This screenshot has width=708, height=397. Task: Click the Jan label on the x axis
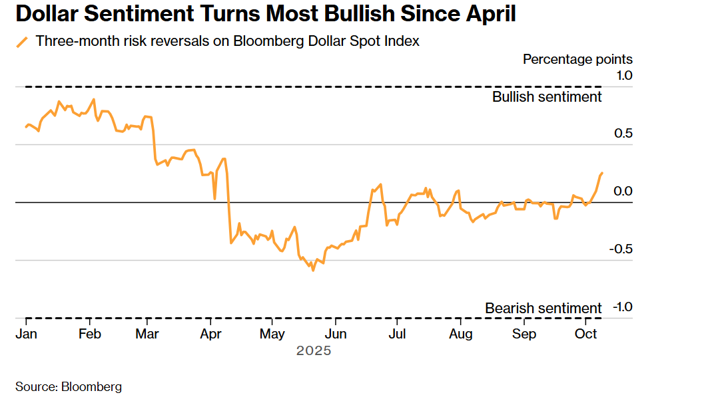coord(26,333)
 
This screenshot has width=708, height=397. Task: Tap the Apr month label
coord(211,333)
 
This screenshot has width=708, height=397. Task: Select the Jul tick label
coord(398,333)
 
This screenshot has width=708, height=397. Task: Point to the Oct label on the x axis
coord(585,333)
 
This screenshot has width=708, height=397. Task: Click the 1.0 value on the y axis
coord(623,75)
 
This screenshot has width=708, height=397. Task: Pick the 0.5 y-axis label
coord(623,133)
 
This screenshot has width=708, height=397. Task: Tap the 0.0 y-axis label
coord(623,192)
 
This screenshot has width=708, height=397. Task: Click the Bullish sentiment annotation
coord(547,97)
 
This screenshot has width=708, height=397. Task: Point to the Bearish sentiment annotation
coord(543,309)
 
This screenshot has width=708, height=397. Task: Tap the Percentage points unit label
coord(577,59)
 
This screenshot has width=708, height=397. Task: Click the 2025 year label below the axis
coord(313,350)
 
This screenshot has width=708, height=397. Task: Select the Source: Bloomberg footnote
coord(69,386)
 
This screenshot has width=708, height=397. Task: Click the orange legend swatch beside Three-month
coord(23,42)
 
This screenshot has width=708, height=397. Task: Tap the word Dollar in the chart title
coord(42,14)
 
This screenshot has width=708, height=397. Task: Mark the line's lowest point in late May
coord(312,270)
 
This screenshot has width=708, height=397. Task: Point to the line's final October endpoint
coord(602,173)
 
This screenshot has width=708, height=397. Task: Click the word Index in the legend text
coord(403,41)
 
